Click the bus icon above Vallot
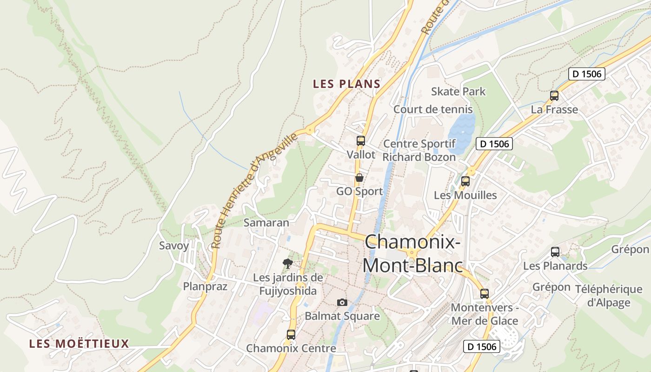tap(360, 140)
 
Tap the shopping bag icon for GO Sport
tap(359, 178)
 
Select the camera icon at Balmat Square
tap(342, 302)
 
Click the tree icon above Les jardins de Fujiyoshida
tap(288, 264)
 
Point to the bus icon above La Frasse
tap(554, 96)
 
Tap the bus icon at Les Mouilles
tap(465, 181)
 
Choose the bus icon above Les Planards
tap(555, 252)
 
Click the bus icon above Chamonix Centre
tap(291, 334)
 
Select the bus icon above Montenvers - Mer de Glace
tap(484, 294)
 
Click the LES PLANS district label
tap(346, 84)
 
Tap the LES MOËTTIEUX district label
tap(79, 344)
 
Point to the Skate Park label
tap(458, 91)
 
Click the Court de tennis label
tap(433, 109)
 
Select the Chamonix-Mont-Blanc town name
tap(412, 254)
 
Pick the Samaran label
tap(266, 223)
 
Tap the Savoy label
tap(174, 246)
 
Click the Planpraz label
tap(205, 286)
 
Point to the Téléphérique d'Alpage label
tap(608, 296)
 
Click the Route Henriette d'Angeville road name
tap(255, 191)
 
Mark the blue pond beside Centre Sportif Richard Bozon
tap(461, 133)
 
